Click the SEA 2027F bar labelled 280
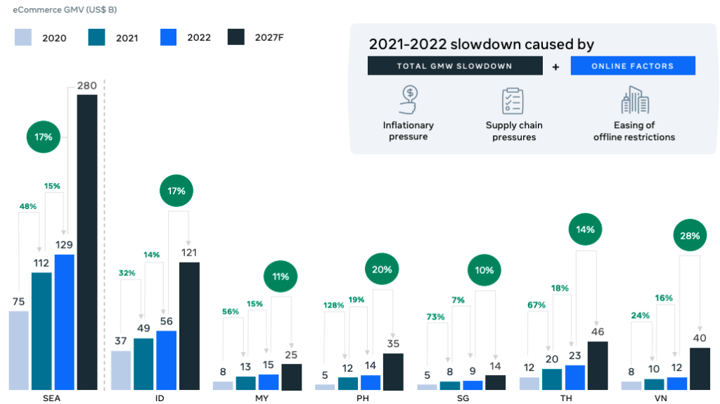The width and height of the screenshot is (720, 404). point(87,241)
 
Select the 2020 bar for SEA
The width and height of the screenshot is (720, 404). point(19,350)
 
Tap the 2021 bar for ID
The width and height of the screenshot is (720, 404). point(143,363)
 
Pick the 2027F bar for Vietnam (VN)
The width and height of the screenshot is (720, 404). point(700,368)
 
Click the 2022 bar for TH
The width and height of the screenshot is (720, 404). point(574,377)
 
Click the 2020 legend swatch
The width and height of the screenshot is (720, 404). point(23,37)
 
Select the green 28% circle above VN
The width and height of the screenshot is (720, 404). point(689,236)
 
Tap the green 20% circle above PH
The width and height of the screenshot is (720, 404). point(382,269)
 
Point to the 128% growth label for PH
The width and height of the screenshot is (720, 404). point(333,305)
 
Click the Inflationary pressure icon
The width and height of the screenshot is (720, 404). point(409,99)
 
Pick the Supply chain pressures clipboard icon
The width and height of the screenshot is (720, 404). point(513,101)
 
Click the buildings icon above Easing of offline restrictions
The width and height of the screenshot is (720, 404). point(634,100)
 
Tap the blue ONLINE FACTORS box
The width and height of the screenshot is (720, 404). point(632,66)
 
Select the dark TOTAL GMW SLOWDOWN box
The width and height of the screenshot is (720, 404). point(454,66)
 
